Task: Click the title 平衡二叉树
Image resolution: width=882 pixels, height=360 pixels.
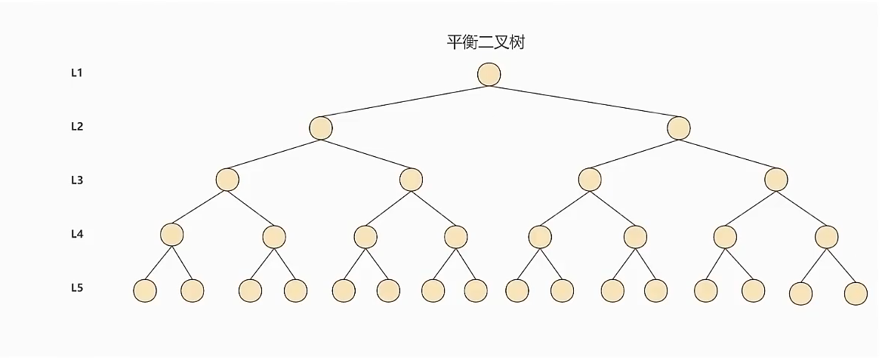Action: [486, 42]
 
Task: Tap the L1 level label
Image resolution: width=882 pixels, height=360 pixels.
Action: [77, 73]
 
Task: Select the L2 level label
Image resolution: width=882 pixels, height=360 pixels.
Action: [77, 127]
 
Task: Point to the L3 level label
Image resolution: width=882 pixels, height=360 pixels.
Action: [77, 180]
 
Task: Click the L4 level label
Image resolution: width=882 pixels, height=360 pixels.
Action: [77, 234]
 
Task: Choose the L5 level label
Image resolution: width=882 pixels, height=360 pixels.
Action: [77, 288]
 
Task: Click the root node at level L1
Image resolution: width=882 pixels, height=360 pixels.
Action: [489, 74]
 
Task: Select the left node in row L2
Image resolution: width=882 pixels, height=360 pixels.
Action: [321, 128]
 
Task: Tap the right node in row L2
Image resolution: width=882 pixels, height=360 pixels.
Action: [679, 128]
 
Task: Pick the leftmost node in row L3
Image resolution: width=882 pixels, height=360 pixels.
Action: [227, 180]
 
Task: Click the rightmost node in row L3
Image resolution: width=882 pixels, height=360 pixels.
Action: [776, 180]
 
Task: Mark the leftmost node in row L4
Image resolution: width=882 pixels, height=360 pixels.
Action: [172, 235]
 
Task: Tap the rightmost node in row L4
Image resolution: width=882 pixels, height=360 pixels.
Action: [827, 237]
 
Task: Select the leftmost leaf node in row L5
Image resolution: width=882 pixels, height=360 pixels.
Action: [144, 291]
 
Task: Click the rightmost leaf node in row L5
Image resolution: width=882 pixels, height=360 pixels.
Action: [856, 293]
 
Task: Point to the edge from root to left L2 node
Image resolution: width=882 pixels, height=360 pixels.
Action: [405, 101]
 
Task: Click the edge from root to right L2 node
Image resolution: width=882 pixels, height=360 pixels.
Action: [584, 101]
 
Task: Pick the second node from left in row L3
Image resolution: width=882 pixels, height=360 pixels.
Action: [411, 180]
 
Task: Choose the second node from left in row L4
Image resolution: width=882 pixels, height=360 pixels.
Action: [274, 237]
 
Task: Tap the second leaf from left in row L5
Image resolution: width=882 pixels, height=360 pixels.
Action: [193, 291]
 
